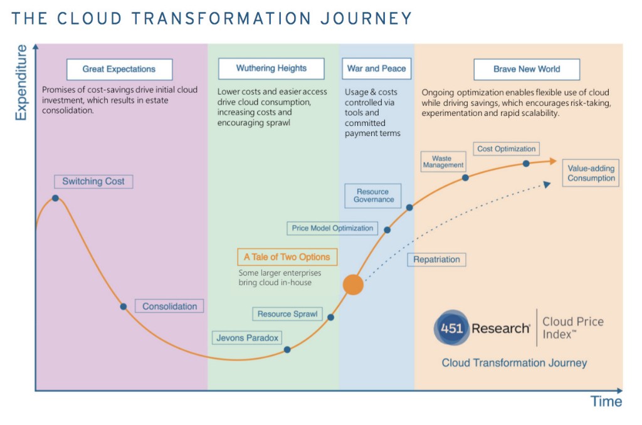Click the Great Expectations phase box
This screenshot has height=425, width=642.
(119, 69)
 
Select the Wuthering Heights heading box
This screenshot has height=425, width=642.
(271, 68)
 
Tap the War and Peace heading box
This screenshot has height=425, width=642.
(376, 68)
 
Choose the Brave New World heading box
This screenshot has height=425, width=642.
(527, 69)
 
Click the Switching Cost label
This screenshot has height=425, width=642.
(93, 182)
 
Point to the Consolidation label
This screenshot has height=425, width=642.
(169, 307)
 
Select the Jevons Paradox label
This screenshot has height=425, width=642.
(247, 338)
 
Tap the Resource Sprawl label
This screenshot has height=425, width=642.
(288, 313)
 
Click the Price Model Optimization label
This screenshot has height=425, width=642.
(332, 228)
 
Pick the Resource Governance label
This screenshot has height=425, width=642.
(374, 196)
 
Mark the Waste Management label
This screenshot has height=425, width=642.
(443, 162)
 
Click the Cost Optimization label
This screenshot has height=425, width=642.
(507, 149)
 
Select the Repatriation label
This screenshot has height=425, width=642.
(436, 260)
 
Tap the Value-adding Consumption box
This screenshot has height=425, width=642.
(591, 173)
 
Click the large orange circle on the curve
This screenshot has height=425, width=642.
(353, 285)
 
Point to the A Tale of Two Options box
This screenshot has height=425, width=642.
(287, 257)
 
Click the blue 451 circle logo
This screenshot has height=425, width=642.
(451, 328)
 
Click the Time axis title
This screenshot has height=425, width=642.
(606, 402)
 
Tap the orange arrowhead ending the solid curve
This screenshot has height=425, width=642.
(551, 161)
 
